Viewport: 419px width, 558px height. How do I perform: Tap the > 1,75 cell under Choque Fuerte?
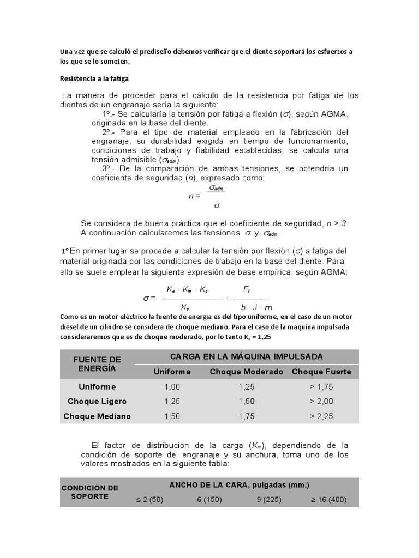321,386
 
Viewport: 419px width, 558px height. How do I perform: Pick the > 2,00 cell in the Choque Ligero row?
321,401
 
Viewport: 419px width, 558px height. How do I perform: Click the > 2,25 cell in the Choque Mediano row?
321,416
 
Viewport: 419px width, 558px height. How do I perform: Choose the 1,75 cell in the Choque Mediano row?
247,416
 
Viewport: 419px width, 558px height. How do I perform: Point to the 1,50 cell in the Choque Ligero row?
247,401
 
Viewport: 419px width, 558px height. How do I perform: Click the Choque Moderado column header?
247,372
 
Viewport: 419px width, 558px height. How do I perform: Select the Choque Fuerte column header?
321,372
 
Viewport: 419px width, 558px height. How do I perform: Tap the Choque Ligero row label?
97,401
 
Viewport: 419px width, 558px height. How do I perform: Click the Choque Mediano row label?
97,416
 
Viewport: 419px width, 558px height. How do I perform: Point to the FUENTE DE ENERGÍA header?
97,363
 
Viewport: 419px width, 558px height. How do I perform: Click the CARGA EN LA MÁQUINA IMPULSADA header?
247,356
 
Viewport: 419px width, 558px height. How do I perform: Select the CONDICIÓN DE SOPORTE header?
90,492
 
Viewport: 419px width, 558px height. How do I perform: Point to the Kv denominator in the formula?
185,307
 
